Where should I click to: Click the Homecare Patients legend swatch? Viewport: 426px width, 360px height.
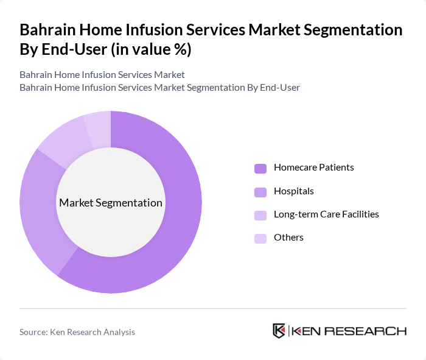pos(260,168)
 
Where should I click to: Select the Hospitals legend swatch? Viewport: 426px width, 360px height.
pos(260,192)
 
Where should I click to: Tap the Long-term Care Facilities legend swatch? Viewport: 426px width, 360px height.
pos(260,215)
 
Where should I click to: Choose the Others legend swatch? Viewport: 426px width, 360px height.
pos(260,238)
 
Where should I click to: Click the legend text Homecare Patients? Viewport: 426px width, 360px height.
pos(313,168)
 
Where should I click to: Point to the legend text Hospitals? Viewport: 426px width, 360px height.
pos(293,191)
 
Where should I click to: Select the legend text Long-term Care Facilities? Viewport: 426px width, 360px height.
pos(326,214)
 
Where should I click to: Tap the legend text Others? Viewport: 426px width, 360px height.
pos(288,238)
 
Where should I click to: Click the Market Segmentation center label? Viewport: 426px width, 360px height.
pos(111,203)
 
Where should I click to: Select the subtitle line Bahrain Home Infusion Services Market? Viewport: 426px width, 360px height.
pos(102,75)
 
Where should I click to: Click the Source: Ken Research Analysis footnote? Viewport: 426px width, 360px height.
pos(77,332)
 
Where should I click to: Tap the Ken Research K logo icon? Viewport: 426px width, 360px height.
pos(279,331)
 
